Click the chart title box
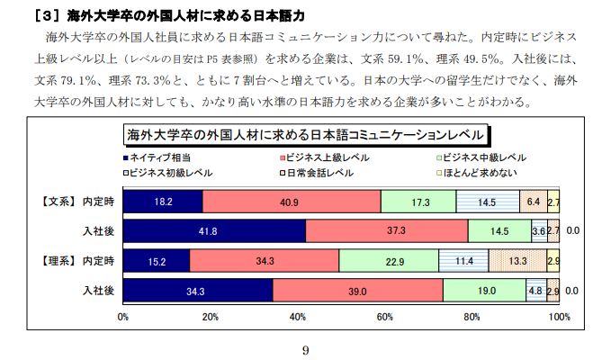[306, 135]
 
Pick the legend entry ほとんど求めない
[486, 171]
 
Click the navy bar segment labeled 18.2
[163, 202]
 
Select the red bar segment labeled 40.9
[292, 202]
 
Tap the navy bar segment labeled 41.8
[214, 231]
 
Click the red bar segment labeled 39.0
[357, 291]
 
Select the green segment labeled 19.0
[484, 291]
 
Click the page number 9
[306, 350]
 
